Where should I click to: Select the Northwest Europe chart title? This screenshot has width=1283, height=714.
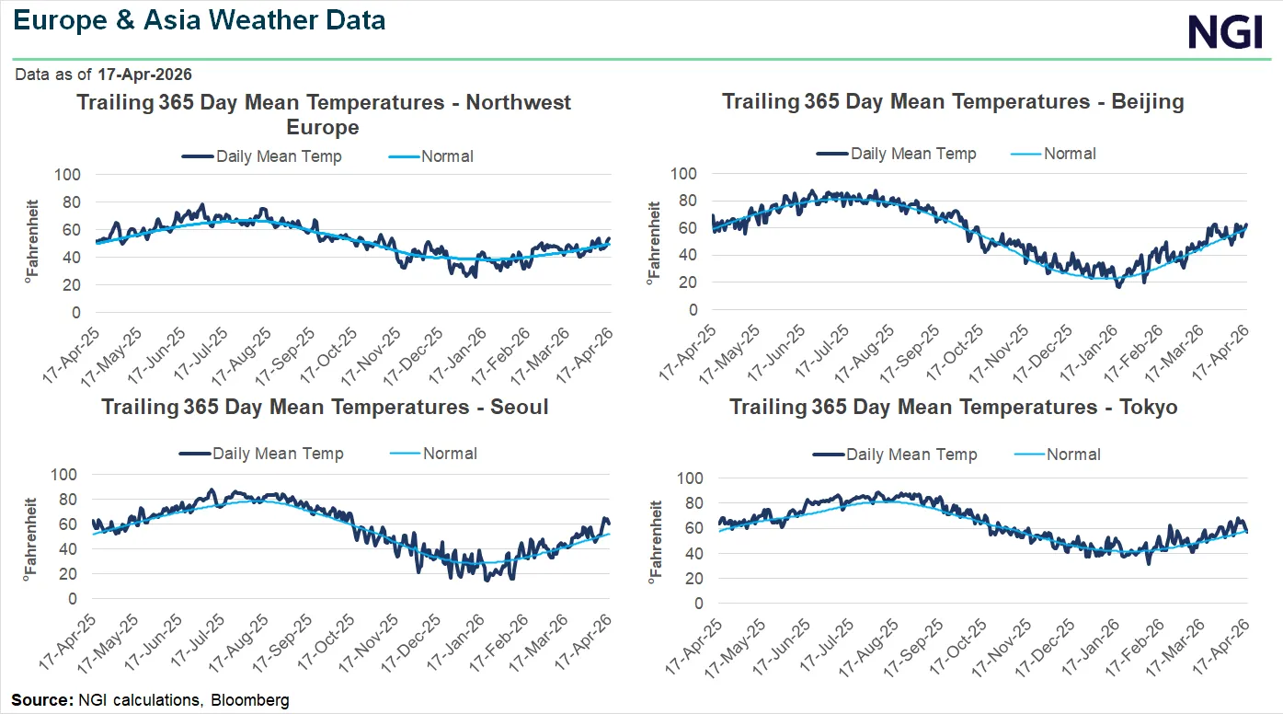[x=323, y=114]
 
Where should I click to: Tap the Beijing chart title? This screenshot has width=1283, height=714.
[x=953, y=101]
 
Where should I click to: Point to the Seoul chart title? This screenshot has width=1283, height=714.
[x=325, y=407]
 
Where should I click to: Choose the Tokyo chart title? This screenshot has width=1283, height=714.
[x=954, y=407]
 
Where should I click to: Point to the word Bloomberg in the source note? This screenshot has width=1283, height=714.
[x=250, y=700]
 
